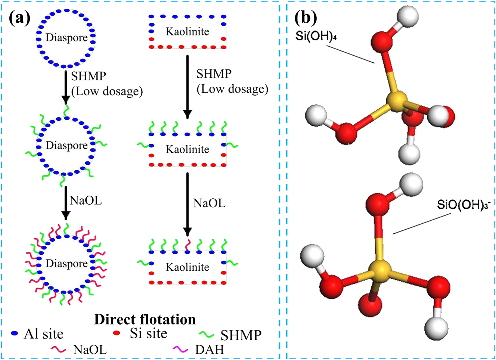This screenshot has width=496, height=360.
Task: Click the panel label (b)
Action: [306, 18]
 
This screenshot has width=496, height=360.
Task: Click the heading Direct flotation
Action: [145, 319]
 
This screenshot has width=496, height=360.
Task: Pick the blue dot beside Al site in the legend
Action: [15, 333]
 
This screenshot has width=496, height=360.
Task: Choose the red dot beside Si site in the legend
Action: [117, 333]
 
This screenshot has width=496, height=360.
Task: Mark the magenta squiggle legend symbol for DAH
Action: [181, 349]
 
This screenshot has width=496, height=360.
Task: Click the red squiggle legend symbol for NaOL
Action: [59, 349]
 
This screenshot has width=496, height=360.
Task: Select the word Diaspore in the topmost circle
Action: [66, 37]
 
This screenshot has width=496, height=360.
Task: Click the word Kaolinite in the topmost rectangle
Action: [187, 32]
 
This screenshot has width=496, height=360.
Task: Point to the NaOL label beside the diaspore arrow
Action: [86, 201]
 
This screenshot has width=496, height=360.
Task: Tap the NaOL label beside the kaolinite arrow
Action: [209, 203]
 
